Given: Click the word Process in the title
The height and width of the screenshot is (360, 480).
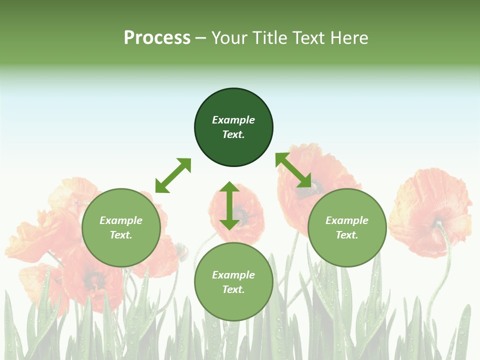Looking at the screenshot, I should [x=157, y=38].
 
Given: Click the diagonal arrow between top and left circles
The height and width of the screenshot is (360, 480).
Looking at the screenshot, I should [x=173, y=175].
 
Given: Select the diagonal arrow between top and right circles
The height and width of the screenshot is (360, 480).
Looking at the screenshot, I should [x=293, y=170].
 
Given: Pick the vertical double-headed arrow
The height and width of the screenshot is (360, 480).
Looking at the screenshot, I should [x=229, y=205].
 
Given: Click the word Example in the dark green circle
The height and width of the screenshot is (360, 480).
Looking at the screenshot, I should [x=233, y=120].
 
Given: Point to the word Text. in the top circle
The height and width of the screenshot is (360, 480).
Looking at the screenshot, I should [x=233, y=134].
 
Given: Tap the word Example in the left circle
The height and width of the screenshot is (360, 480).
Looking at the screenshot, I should [x=121, y=220].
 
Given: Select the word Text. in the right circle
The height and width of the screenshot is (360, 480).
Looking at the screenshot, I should [x=347, y=235].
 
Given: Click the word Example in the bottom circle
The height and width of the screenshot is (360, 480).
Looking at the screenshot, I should [x=233, y=275].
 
